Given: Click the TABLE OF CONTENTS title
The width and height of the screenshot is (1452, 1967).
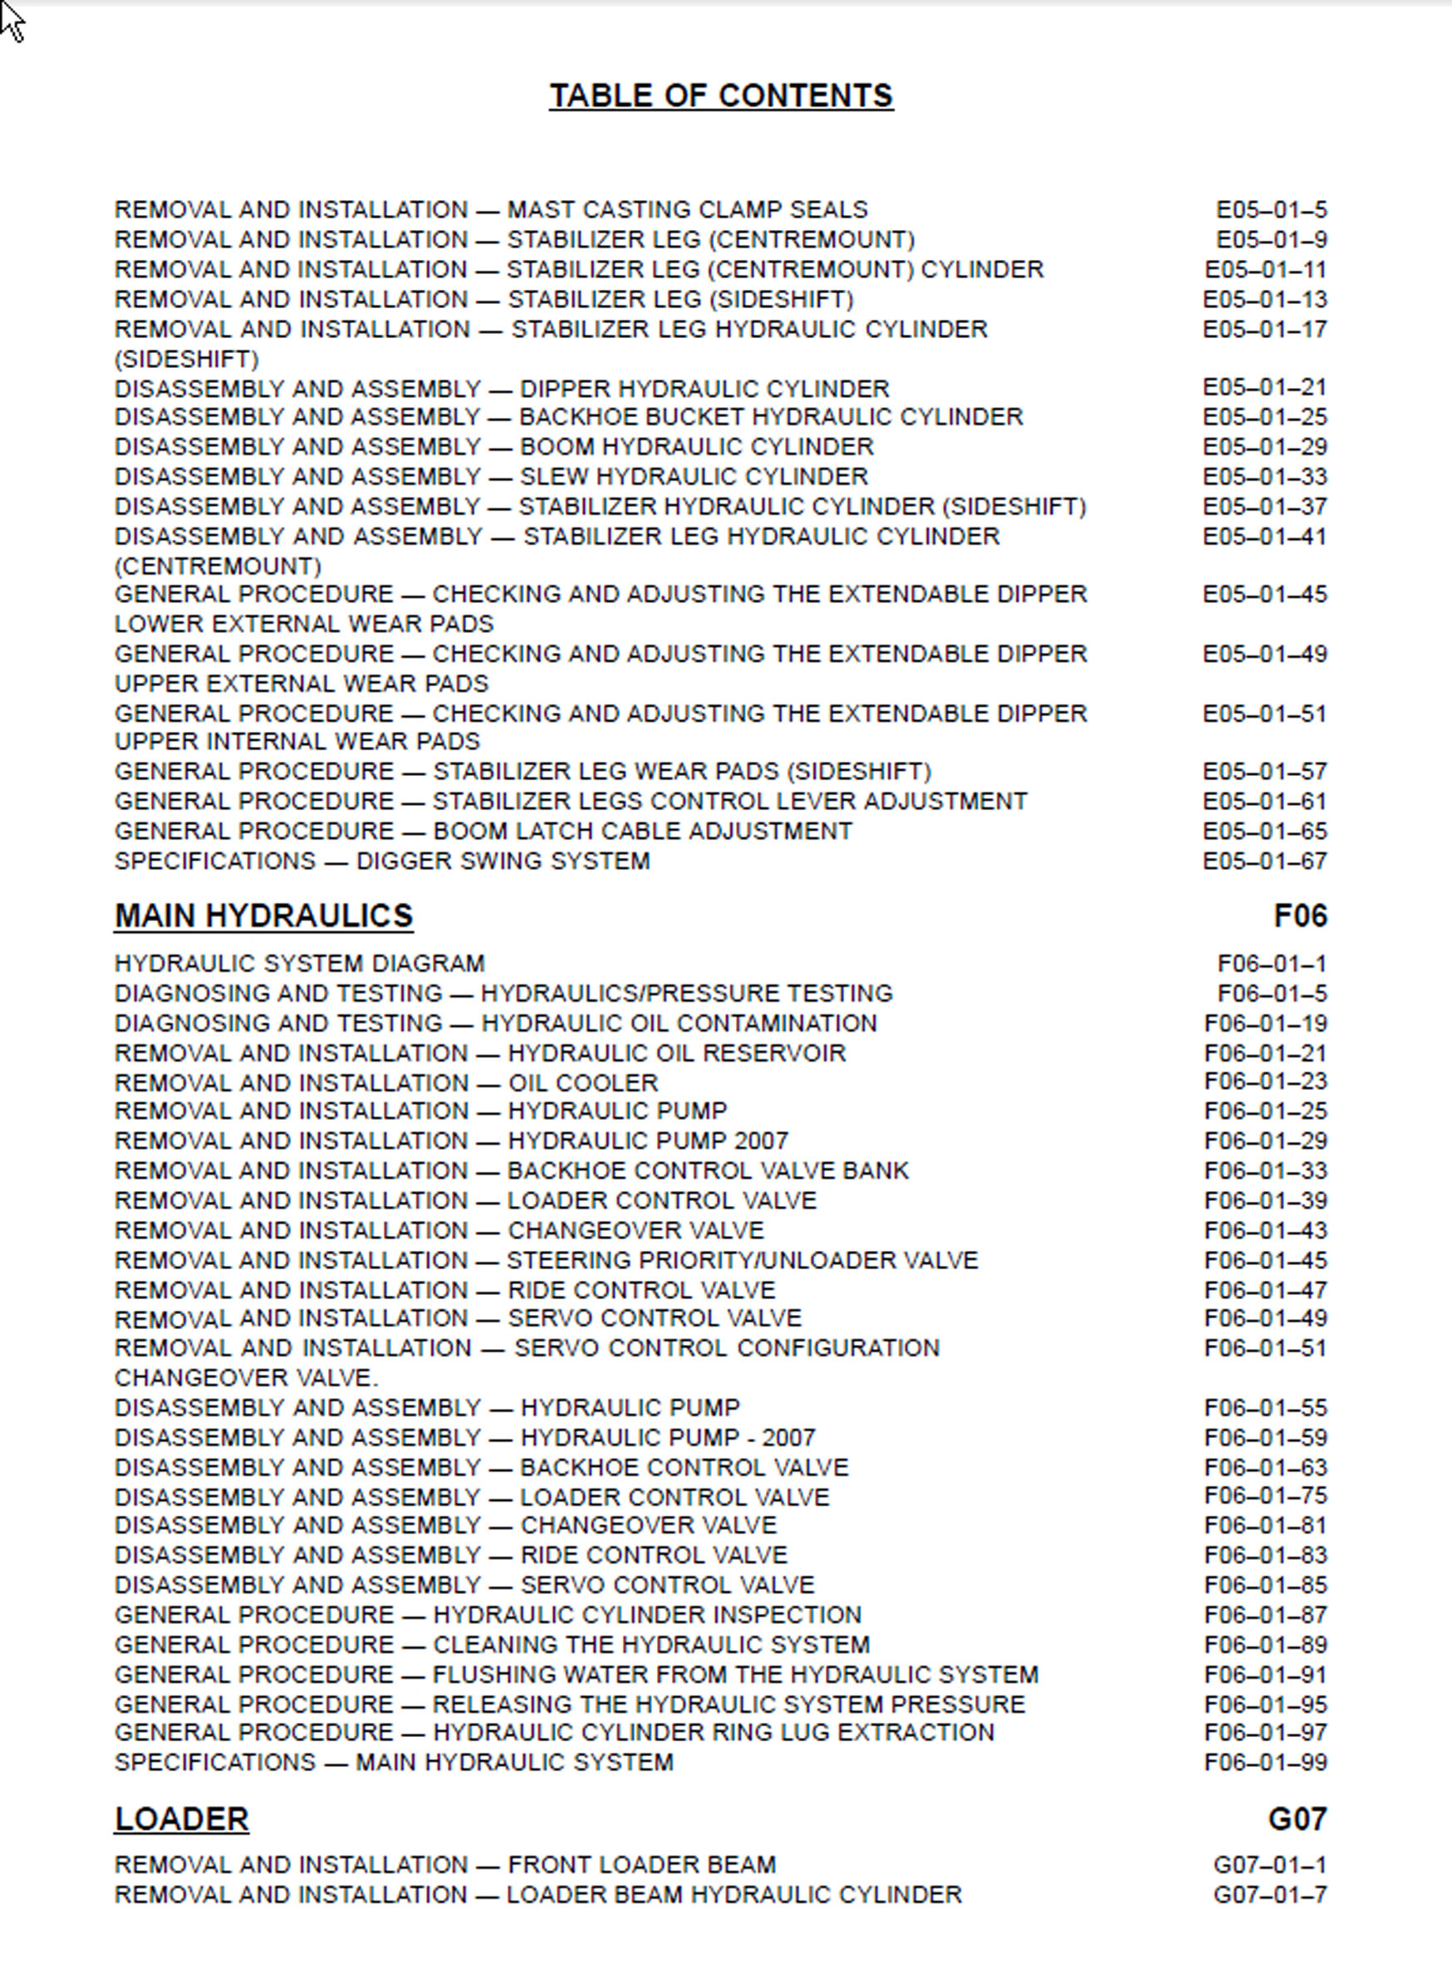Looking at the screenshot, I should (721, 96).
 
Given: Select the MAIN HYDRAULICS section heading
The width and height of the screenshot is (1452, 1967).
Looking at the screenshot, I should (263, 916).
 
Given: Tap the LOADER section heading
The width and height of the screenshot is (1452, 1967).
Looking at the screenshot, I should (182, 1818).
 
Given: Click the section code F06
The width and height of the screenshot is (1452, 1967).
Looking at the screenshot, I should (1299, 916).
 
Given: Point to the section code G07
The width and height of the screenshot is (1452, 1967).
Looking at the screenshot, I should (1297, 1818).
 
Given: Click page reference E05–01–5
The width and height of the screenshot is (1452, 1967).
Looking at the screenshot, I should (1271, 210).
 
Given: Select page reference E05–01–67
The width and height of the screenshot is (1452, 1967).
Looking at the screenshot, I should (1264, 861).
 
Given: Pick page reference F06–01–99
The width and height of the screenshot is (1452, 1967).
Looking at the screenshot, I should (1265, 1762).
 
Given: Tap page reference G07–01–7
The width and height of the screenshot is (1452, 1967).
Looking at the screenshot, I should (1270, 1894).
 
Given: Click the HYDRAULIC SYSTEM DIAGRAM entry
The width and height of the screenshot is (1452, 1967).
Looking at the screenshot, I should (300, 964).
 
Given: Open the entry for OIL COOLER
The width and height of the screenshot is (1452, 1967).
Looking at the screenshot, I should (386, 1083).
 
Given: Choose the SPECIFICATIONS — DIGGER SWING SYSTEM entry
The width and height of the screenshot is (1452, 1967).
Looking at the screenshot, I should (382, 861).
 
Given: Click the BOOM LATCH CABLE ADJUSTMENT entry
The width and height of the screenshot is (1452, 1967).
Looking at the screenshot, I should (483, 831).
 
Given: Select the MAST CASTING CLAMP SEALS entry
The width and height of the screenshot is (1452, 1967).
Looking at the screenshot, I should (490, 210).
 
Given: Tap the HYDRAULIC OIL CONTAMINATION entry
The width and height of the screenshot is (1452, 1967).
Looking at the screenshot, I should (496, 1023).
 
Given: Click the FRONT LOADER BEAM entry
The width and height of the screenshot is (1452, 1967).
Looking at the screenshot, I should (444, 1864).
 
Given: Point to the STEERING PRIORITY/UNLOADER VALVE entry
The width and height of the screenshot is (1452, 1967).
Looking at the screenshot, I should (546, 1260).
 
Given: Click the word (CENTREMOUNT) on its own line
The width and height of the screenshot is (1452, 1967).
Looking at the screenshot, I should (218, 565).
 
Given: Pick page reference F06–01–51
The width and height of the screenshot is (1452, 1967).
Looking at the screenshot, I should (1265, 1348).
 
